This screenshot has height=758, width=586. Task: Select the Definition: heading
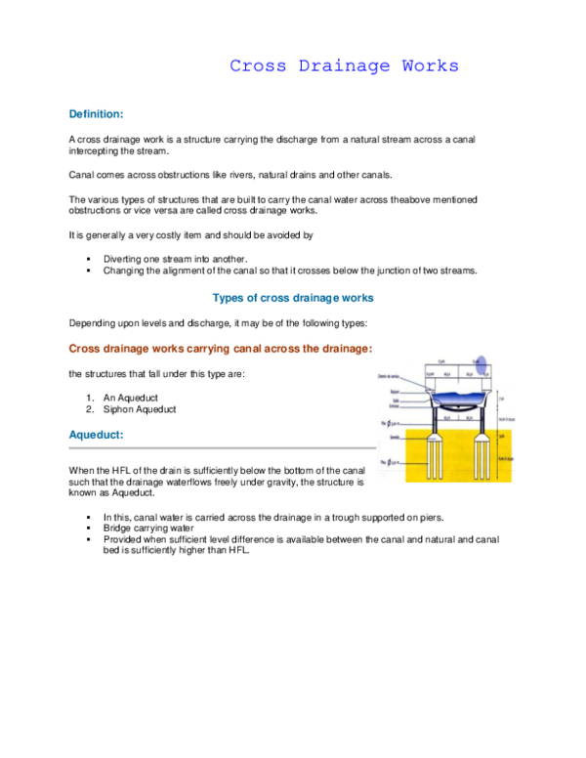(96, 114)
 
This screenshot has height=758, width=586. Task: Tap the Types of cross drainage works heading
(293, 297)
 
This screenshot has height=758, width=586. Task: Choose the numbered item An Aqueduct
(131, 398)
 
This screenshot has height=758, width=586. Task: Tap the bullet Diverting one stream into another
(176, 259)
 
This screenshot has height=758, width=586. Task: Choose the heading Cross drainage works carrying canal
(220, 348)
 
